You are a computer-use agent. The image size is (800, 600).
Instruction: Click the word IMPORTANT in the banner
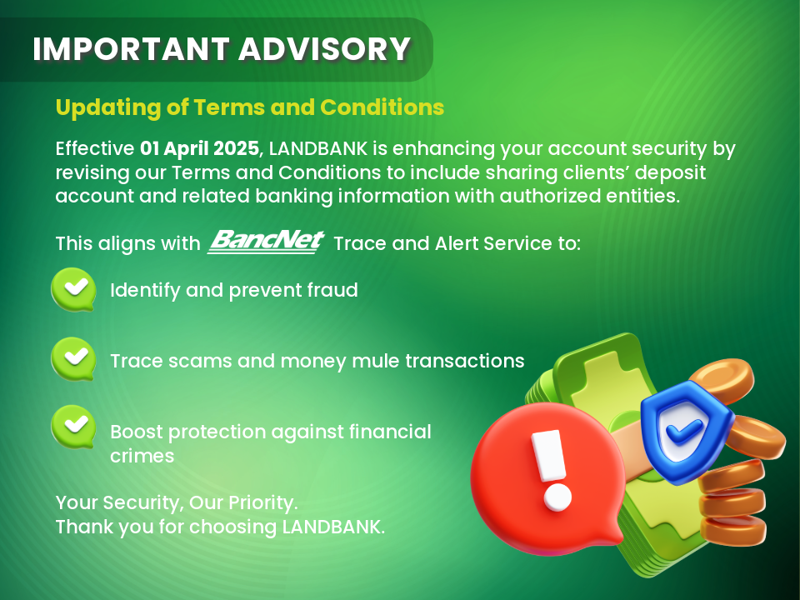click(131, 49)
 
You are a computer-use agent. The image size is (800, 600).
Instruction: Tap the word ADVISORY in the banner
click(324, 49)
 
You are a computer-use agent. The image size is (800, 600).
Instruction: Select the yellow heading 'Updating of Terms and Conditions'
click(249, 107)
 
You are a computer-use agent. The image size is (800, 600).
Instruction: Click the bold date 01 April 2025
click(199, 148)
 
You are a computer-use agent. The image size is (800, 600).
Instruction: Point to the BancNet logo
click(266, 241)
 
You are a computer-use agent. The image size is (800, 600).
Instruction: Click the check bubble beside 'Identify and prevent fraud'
click(73, 289)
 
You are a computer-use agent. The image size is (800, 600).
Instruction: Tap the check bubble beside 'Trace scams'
click(73, 358)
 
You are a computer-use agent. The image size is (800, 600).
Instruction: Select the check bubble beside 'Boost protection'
click(73, 427)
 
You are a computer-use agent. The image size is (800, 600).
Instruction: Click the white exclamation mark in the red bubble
click(552, 469)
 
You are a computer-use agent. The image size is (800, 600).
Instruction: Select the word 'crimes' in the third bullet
click(142, 456)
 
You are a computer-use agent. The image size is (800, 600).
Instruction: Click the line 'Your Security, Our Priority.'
click(177, 502)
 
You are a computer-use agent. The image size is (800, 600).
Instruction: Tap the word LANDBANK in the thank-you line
click(333, 527)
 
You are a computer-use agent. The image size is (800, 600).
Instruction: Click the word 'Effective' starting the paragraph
click(94, 148)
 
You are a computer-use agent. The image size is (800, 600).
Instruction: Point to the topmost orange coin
click(721, 380)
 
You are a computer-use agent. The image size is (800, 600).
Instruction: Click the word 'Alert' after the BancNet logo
click(456, 243)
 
